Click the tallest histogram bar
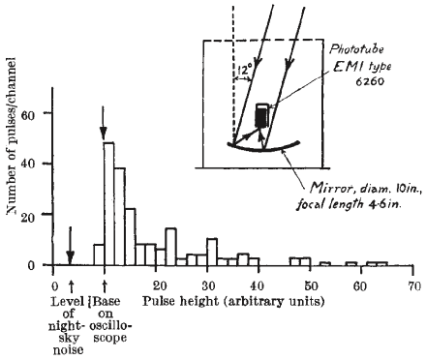(109, 203)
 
